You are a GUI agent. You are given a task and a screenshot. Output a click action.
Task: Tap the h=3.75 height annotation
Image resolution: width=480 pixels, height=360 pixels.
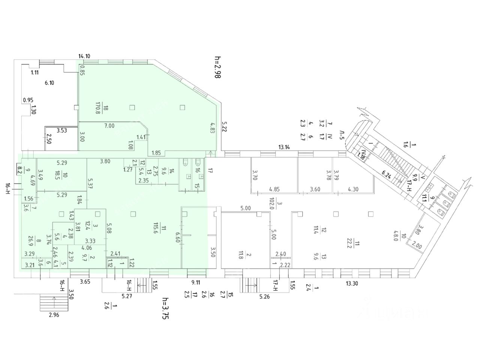[165, 308]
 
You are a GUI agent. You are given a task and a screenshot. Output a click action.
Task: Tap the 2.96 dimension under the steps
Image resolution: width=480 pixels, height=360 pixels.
[54, 315]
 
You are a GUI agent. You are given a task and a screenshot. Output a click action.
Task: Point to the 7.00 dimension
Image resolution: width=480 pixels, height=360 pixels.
[109, 126]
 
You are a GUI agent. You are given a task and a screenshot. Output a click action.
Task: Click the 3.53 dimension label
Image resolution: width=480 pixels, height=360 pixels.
[62, 130]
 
